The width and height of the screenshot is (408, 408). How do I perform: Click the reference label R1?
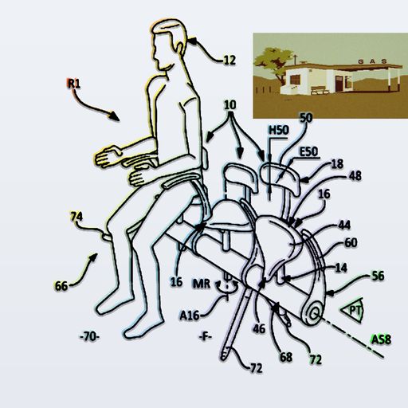pyautogui.click(x=73, y=84)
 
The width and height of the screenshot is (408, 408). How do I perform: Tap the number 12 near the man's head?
pyautogui.click(x=229, y=61)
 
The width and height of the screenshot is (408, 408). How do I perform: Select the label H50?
pyautogui.click(x=279, y=130)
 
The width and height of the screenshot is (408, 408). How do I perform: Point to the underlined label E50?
pyautogui.click(x=308, y=152)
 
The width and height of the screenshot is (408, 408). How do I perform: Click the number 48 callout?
pyautogui.click(x=355, y=176)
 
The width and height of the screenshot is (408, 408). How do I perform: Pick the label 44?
pyautogui.click(x=344, y=226)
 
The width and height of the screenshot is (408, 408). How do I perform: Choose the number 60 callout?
pyautogui.click(x=351, y=242)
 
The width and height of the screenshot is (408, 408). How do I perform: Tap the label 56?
pyautogui.click(x=378, y=276)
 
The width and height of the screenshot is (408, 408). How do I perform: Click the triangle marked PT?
pyautogui.click(x=352, y=310)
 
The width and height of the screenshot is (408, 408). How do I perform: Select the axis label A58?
pyautogui.click(x=381, y=339)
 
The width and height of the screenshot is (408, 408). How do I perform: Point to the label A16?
pyautogui.click(x=190, y=316)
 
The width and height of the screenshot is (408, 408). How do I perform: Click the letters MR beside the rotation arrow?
pyautogui.click(x=202, y=284)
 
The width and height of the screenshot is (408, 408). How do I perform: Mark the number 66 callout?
pyautogui.click(x=61, y=286)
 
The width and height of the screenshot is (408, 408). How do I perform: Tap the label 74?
pyautogui.click(x=76, y=217)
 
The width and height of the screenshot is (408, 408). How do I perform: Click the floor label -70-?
pyautogui.click(x=89, y=337)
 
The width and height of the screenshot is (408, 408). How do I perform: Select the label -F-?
pyautogui.click(x=206, y=337)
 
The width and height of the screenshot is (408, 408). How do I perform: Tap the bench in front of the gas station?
pyautogui.click(x=320, y=90)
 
